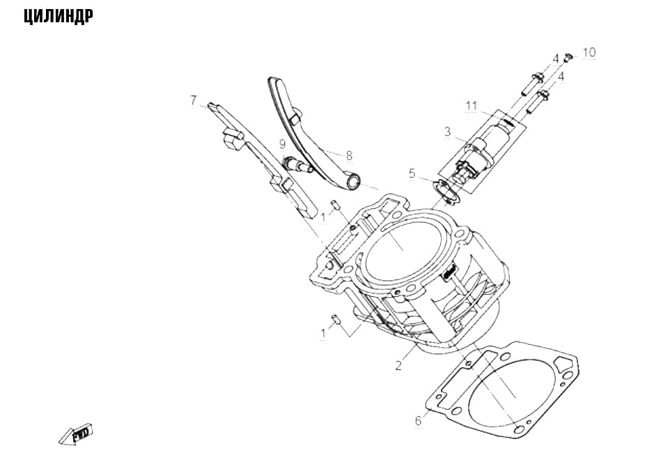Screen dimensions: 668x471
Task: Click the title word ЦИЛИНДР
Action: coord(59,17)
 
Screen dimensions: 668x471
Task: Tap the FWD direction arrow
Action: coord(75,434)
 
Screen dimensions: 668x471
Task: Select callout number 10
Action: coord(589,52)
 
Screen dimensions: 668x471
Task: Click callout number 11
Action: coord(471,105)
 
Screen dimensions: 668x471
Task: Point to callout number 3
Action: coord(447,131)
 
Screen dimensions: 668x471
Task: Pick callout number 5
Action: coord(412,173)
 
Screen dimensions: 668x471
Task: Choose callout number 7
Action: coord(194,100)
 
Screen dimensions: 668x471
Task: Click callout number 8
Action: coord(350,155)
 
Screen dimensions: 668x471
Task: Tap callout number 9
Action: coord(282,144)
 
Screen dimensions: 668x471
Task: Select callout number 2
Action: coord(398,365)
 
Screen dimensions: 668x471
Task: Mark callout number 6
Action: coord(419,421)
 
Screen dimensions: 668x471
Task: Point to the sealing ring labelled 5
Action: coord(446,192)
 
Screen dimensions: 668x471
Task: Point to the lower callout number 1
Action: coord(323,333)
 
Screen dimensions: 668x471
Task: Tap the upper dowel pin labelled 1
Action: coord(335,205)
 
